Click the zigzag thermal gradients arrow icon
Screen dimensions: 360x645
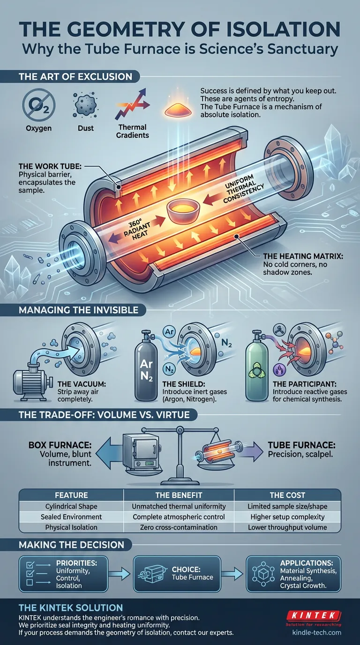tap(132, 104)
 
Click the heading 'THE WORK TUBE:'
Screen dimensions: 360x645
tap(50, 166)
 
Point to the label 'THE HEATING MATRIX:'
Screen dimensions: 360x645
tap(303, 256)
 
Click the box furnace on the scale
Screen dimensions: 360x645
tap(141, 454)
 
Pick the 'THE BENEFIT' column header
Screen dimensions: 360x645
tap(179, 495)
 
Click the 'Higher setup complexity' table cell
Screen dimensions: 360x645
tap(287, 517)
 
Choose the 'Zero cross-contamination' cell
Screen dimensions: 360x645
tap(179, 527)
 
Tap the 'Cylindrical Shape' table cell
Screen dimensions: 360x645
tap(71, 506)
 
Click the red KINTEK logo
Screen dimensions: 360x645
tap(313, 615)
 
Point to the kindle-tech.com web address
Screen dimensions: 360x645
tap(316, 633)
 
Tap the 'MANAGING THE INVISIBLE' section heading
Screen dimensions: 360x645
tap(78, 310)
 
